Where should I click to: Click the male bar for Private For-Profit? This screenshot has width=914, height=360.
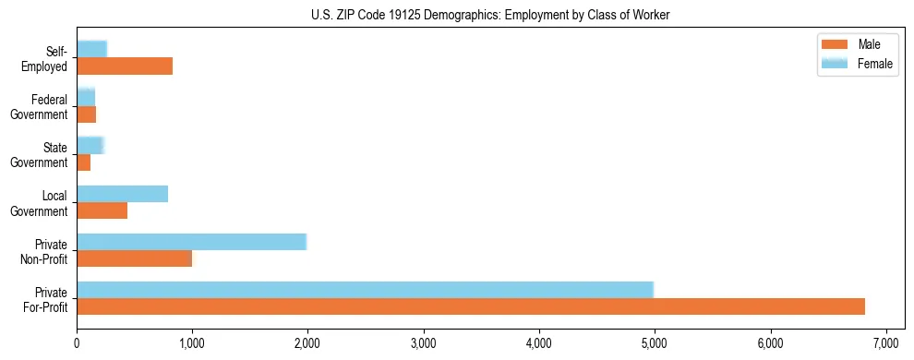pos(471,306)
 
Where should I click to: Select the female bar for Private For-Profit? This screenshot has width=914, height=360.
pos(365,289)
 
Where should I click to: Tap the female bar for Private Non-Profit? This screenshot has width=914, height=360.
pos(191,241)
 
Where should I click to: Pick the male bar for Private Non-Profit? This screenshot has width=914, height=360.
pos(134,258)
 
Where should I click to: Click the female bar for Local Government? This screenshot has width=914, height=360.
pos(122,193)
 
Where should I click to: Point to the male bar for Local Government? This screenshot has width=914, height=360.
pos(102,210)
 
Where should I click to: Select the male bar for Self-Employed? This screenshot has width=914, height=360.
pos(125,66)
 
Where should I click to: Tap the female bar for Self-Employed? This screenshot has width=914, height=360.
pos(91,49)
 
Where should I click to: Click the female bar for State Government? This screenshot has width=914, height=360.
pos(90,145)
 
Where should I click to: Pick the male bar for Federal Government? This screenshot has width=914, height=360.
pos(86,114)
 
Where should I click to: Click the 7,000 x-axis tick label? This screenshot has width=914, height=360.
pos(885,344)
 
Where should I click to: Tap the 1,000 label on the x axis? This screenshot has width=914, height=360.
pos(192,344)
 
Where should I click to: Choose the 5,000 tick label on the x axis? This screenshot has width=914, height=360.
pos(654,344)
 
